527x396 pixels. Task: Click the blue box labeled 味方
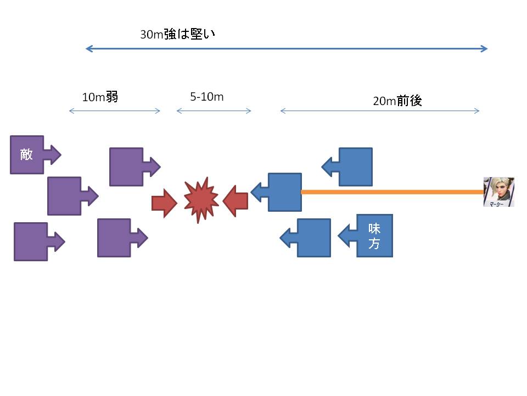[x=374, y=235]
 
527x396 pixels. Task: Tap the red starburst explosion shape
[x=201, y=200]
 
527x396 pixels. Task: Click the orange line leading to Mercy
[x=392, y=192]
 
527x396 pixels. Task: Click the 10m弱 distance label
[x=100, y=97]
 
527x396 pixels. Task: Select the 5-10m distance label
[x=207, y=97]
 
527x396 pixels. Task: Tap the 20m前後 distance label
[x=397, y=101]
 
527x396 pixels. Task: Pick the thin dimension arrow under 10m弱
[x=114, y=111]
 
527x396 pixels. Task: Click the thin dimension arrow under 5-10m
[x=214, y=111]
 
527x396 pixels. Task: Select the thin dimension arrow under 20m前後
[x=380, y=111]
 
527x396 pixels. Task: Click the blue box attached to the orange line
[x=284, y=192]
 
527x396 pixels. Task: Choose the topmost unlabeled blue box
[x=355, y=167]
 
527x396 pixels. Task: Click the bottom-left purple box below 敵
[x=31, y=241]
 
